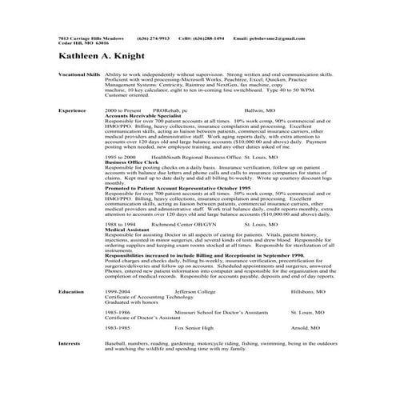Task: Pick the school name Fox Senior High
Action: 191,327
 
